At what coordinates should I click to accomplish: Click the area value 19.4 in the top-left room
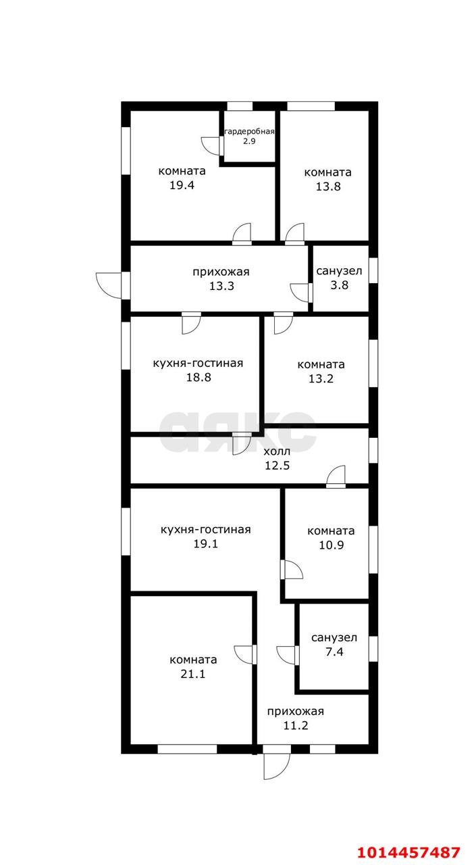182,185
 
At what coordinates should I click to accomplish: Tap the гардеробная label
249,131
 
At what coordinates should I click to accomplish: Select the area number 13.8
328,187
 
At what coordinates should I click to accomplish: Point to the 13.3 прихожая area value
221,286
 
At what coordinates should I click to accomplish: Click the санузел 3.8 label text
339,271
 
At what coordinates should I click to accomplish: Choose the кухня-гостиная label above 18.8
198,363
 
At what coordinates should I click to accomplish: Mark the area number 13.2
321,378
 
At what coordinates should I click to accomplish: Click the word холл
277,451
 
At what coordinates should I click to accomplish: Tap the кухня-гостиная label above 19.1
206,529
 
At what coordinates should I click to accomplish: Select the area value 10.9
331,545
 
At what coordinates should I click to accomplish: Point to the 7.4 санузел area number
334,651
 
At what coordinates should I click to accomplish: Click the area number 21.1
193,674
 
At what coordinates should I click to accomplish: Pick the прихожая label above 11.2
296,711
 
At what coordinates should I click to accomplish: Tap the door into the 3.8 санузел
301,293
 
